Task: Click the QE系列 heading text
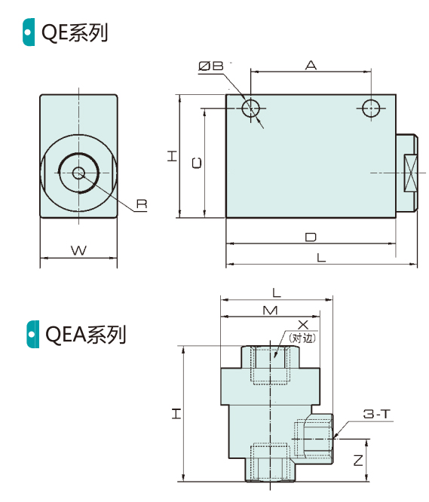tap(75, 33)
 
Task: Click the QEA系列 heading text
tap(85, 335)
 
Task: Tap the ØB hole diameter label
tap(210, 66)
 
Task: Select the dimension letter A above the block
tap(311, 65)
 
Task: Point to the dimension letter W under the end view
tap(78, 250)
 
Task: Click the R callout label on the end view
tap(142, 204)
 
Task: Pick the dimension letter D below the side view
tap(311, 237)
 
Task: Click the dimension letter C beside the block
tap(197, 163)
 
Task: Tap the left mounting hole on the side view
tap(250, 109)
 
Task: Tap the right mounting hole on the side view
tap(371, 109)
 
